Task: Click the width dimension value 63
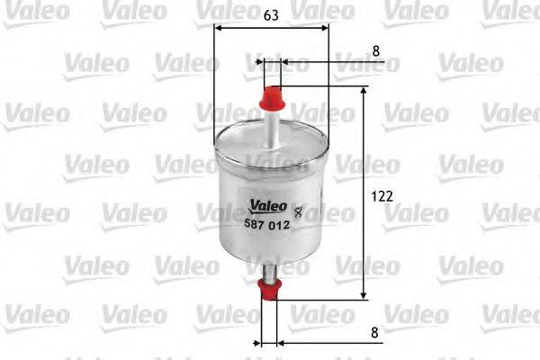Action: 271,15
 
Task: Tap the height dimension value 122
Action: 383,194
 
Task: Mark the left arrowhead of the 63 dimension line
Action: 219,27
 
